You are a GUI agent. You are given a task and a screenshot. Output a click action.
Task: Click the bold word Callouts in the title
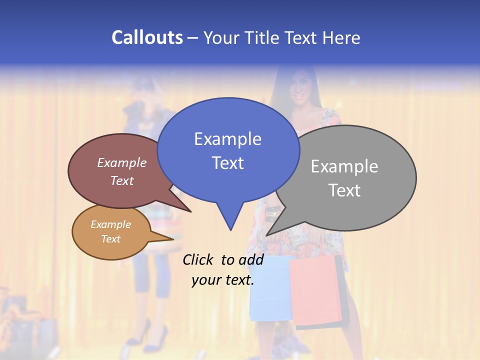coord(147,37)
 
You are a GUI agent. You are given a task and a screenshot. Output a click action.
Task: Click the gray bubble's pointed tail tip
coord(266,234)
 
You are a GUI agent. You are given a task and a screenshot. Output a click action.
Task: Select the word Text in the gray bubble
coord(344,190)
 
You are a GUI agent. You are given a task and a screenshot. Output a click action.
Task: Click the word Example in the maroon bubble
coord(121,162)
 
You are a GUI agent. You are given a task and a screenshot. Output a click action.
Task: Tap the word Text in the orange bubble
coord(110,239)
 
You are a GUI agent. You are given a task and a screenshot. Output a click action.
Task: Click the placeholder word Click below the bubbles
coord(199,259)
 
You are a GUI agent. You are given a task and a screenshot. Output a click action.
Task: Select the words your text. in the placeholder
coord(222,280)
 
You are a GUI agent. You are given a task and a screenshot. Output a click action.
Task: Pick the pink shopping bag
coord(316,290)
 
